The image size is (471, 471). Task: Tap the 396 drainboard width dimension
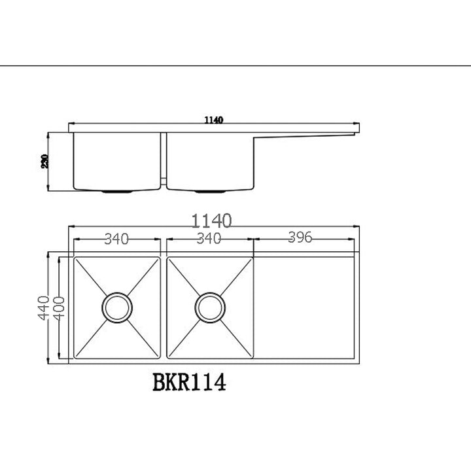[300, 238]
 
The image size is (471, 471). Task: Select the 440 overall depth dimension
[43, 307]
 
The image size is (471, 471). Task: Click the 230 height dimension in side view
[44, 161]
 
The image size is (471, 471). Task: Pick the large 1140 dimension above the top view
[213, 220]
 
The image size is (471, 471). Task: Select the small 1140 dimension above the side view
[214, 120]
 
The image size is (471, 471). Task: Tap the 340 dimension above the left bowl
[116, 238]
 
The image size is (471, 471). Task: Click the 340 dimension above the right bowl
[209, 238]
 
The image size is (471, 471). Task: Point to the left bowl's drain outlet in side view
[118, 192]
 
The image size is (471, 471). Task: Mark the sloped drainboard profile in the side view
[304, 135]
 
